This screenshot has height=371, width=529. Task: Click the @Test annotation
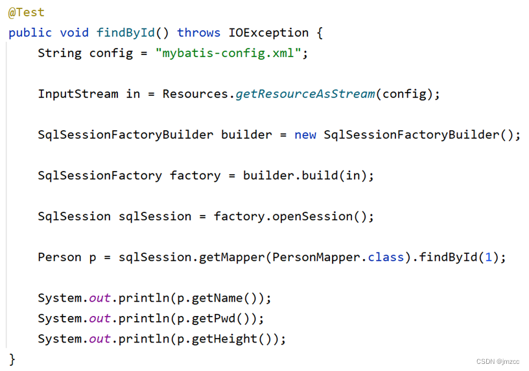pyautogui.click(x=27, y=12)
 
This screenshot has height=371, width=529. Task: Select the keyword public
pyautogui.click(x=30, y=33)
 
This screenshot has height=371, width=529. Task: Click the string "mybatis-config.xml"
pyautogui.click(x=228, y=53)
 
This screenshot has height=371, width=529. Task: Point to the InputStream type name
pyautogui.click(x=78, y=94)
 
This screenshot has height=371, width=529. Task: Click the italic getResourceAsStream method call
pyautogui.click(x=305, y=94)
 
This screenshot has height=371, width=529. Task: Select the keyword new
pyautogui.click(x=305, y=135)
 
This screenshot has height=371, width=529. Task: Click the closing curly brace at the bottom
pyautogui.click(x=12, y=359)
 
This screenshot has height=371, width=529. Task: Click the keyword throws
pyautogui.click(x=198, y=33)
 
